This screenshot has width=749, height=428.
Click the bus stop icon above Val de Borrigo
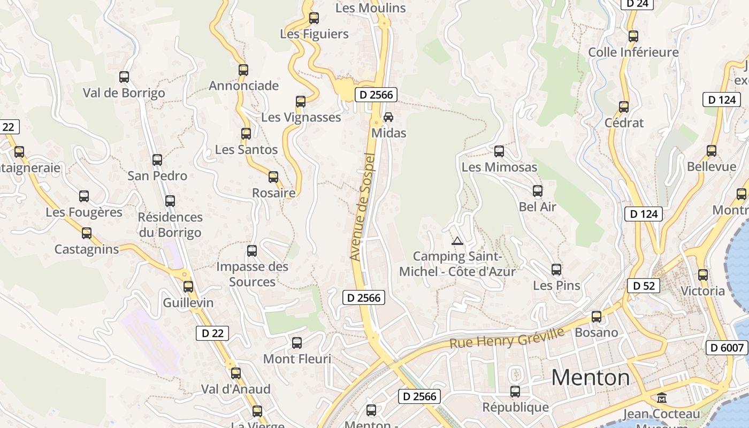point(124,77)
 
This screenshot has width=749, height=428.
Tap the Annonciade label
point(243,86)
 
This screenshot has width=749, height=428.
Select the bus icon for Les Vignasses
point(301,102)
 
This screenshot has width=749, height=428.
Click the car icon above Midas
point(388,117)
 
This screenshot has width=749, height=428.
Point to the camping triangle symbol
point(457,241)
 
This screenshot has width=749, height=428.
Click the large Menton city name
point(591,378)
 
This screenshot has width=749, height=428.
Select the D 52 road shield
point(644,286)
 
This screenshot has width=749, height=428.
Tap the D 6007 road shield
point(727,348)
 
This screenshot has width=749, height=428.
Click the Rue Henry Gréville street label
point(507,338)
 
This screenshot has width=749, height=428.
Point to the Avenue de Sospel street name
point(363,207)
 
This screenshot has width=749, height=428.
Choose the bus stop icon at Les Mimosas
point(499,151)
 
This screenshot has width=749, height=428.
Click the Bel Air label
point(538,207)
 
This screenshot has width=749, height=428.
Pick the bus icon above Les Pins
point(556,270)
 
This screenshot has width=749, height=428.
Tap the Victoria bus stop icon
point(703,275)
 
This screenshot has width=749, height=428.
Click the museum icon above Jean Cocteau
point(662,398)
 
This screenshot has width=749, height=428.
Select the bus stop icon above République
point(515,392)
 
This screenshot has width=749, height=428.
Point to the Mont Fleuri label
point(297,359)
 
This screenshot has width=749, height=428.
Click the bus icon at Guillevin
point(188,287)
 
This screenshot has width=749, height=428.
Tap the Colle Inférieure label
point(633,52)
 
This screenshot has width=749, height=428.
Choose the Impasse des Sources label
point(252,274)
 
